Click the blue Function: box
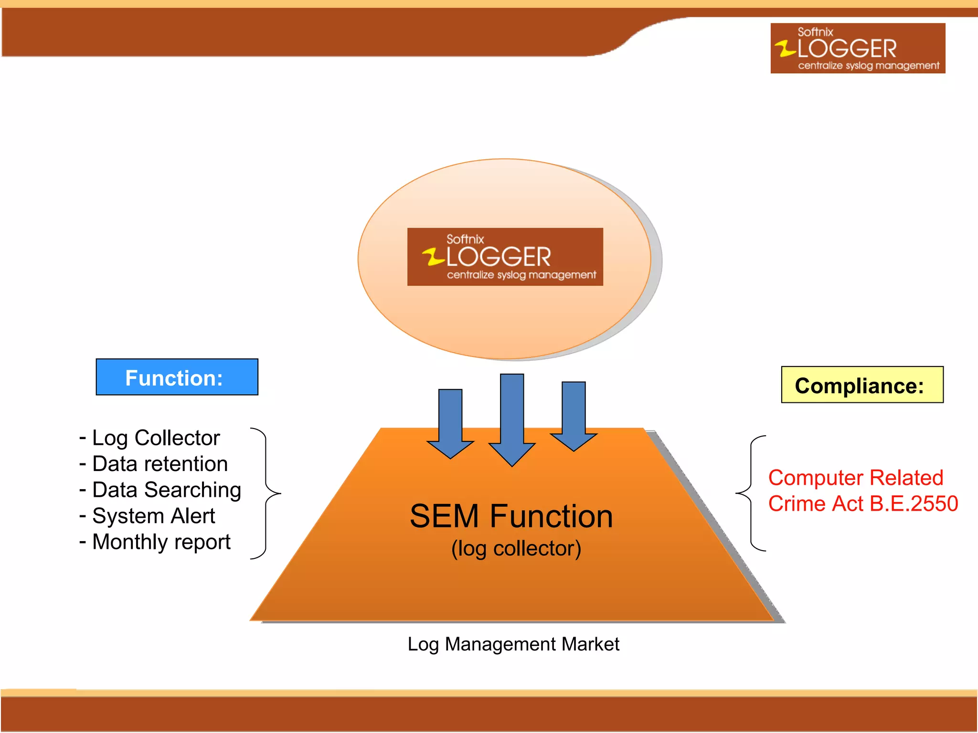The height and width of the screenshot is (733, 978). (x=177, y=377)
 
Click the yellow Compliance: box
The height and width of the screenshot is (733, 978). (x=862, y=385)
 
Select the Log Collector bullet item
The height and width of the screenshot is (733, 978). (x=150, y=438)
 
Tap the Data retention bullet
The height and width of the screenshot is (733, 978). (x=154, y=464)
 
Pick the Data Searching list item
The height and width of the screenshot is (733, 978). (x=160, y=490)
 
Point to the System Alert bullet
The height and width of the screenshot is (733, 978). (x=148, y=516)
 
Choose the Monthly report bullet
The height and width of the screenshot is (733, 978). (x=155, y=542)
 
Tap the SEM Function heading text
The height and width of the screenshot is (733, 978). (x=511, y=516)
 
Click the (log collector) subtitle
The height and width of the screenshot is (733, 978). (x=516, y=548)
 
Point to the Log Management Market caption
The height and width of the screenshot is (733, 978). (x=513, y=644)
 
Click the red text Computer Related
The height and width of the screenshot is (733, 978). (x=855, y=478)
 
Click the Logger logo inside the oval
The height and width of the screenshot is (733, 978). (x=505, y=257)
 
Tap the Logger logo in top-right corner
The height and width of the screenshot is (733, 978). (x=858, y=48)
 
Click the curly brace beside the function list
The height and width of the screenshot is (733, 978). (x=268, y=493)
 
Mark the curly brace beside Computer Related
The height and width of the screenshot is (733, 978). (x=750, y=493)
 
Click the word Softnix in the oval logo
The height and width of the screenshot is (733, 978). (x=465, y=239)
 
